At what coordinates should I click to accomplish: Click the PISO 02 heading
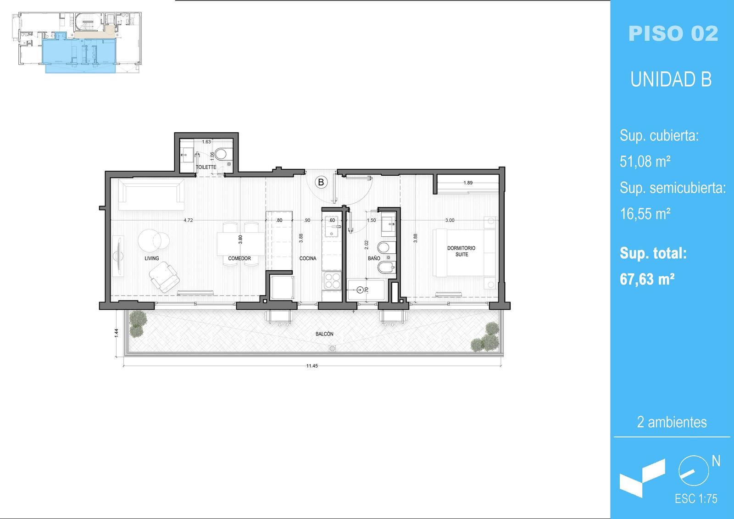(673, 33)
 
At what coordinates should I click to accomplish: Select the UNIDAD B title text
(671, 79)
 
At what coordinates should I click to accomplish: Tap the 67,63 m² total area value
(647, 279)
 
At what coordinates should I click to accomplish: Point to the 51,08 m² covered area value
(645, 162)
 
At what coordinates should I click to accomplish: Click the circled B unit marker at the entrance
(321, 182)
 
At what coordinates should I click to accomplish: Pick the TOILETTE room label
(206, 167)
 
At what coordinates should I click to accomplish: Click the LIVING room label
(152, 258)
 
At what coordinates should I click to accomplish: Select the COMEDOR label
(239, 258)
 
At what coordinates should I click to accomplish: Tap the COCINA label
(308, 258)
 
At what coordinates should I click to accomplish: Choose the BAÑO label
(374, 258)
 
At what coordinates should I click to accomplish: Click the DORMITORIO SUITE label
(462, 251)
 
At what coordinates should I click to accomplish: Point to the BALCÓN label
(324, 334)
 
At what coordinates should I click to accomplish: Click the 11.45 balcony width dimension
(312, 366)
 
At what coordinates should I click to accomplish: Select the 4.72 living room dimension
(188, 220)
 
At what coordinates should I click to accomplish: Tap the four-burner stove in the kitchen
(332, 281)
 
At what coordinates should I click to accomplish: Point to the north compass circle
(694, 471)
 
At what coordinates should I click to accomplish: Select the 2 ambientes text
(672, 422)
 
